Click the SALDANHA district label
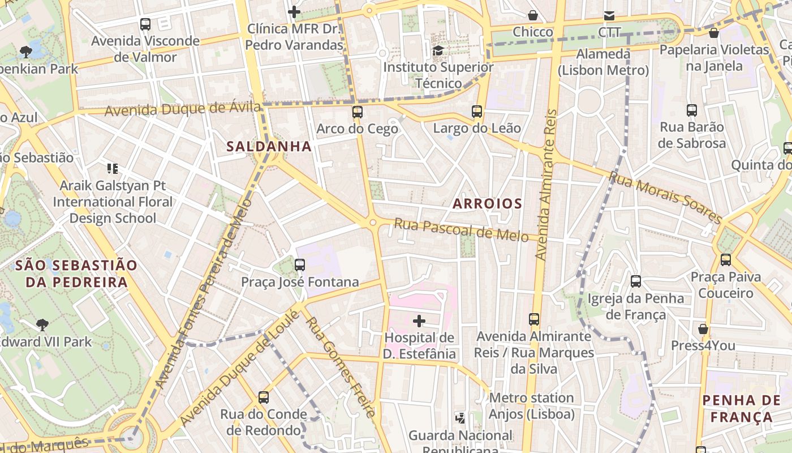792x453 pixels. point(269,146)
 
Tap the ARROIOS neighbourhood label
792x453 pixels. point(487,203)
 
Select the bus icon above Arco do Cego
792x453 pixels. point(357,112)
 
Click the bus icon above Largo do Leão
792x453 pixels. point(477,112)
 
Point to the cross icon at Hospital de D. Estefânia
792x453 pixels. point(419,322)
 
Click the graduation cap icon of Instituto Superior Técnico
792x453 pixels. point(438,51)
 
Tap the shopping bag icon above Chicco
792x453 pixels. point(532,15)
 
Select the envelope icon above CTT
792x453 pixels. point(609,16)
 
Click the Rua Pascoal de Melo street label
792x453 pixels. point(461,229)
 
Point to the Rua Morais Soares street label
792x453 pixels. point(665,198)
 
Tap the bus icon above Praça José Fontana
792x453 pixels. point(300,265)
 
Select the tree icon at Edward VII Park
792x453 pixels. point(42,325)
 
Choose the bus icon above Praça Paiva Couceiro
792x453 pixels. point(725,260)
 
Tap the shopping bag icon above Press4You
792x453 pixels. point(703,329)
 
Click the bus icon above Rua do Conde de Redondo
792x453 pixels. point(264,398)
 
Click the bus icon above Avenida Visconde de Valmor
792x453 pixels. point(145,24)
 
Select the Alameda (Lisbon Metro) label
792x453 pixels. point(603,62)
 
